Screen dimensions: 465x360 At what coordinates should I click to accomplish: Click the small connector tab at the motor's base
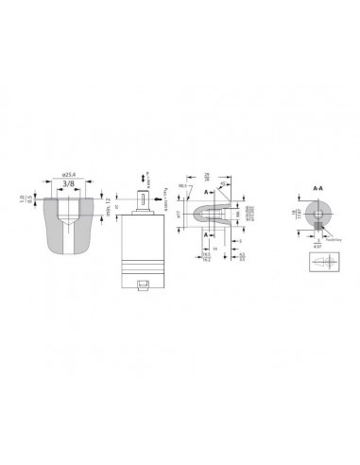coord(144,284)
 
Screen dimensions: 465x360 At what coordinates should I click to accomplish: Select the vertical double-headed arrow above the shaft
coord(144,178)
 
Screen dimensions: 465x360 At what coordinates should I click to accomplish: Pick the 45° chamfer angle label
coord(223,184)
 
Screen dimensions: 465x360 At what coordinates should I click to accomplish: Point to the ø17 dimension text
coord(179,215)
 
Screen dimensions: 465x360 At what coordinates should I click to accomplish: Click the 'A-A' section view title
coord(317,189)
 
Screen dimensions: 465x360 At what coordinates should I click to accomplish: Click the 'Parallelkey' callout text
coord(334,239)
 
